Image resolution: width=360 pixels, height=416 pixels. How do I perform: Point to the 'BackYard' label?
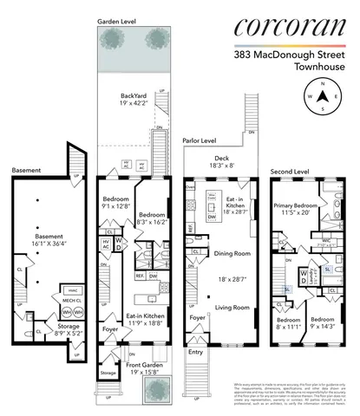point(134,100)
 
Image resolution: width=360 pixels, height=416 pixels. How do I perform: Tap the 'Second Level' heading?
point(291,172)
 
